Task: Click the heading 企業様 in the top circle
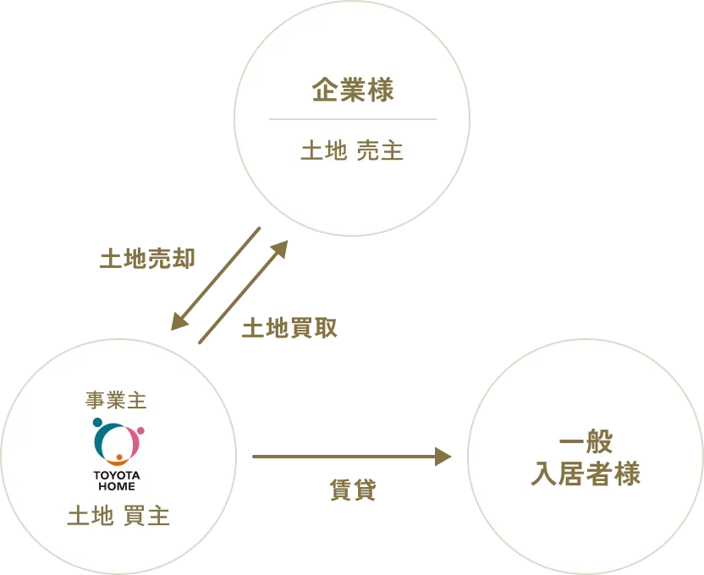click(x=353, y=90)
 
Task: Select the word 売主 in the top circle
click(x=380, y=151)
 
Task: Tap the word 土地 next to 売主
click(x=324, y=151)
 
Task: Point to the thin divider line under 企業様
click(x=353, y=119)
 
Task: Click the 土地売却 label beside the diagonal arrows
click(x=146, y=259)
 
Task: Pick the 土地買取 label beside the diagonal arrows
click(x=288, y=328)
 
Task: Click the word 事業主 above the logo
click(x=117, y=400)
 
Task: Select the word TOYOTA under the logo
click(x=117, y=475)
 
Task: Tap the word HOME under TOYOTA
click(x=117, y=486)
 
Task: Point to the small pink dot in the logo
click(x=140, y=430)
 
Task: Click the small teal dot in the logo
click(x=97, y=422)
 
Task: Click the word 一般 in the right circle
click(x=586, y=442)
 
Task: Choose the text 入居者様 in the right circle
click(x=586, y=474)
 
